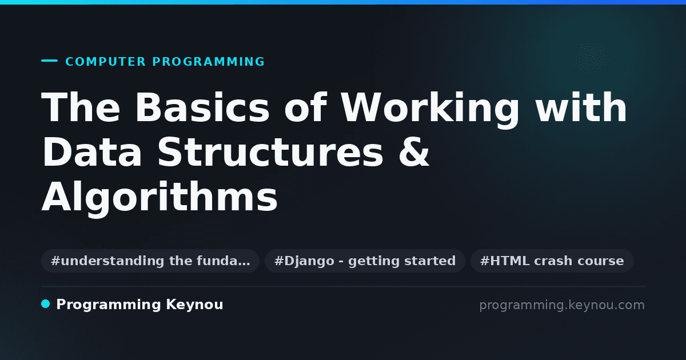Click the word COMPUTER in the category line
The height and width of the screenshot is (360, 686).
pos(105,62)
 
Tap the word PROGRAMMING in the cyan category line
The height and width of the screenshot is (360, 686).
pos(208,62)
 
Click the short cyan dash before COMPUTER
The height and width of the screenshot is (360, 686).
pos(49,61)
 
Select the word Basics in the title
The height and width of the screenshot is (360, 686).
pos(202,107)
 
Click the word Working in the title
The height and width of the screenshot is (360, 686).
pos(430,110)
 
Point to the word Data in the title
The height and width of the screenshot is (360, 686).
pos(92,152)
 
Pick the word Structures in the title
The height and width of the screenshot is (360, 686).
pos(270,152)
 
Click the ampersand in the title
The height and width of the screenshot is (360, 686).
pos(414,152)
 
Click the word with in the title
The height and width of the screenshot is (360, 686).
pos(581,107)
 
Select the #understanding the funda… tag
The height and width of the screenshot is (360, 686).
pos(150,261)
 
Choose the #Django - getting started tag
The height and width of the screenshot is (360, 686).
pos(365,261)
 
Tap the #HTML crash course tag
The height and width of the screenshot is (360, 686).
pos(552,261)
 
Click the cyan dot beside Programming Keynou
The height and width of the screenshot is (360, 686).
pos(45,304)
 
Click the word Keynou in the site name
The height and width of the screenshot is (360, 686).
pos(194,305)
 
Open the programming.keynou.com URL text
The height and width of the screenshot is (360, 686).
pos(562,305)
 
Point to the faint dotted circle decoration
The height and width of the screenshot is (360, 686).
pos(592,58)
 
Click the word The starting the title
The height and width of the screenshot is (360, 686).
pos(81,107)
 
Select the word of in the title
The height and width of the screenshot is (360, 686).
pos(305,107)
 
